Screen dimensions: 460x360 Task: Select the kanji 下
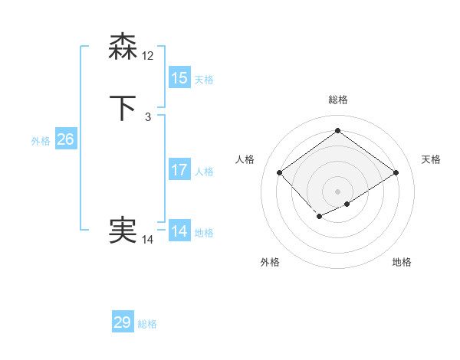click(x=123, y=107)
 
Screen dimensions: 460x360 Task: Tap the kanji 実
click(x=123, y=230)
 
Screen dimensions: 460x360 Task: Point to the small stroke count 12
click(x=149, y=55)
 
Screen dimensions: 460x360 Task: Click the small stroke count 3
click(x=148, y=116)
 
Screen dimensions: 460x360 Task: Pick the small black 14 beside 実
click(x=148, y=240)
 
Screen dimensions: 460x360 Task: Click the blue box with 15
click(x=179, y=78)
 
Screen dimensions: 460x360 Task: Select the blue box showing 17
click(x=179, y=170)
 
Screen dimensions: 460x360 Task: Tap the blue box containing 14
click(x=179, y=231)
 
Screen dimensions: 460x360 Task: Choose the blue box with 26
click(x=66, y=139)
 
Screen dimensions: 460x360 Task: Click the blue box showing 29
click(x=123, y=322)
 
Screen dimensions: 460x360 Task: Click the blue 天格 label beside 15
click(x=204, y=80)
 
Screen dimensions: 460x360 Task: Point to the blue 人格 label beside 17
click(x=204, y=172)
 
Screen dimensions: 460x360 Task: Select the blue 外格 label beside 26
click(x=41, y=141)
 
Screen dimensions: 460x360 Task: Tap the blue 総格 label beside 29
click(x=147, y=324)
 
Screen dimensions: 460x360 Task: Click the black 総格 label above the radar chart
click(x=337, y=100)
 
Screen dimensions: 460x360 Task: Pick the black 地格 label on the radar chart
click(x=402, y=262)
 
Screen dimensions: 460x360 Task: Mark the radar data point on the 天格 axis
click(x=396, y=173)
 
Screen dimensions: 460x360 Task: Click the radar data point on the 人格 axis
click(x=280, y=173)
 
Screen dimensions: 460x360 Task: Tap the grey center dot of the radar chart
click(x=337, y=191)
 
